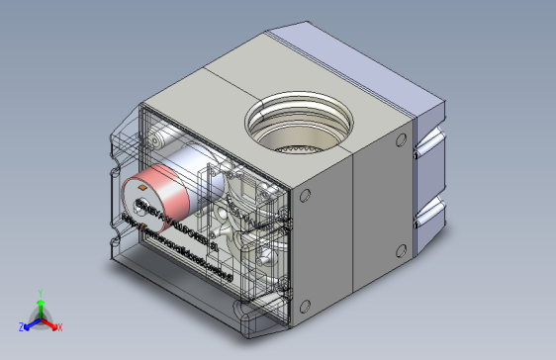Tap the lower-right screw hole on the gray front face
pyautogui.click(x=401, y=249)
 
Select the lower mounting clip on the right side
pyautogui.click(x=431, y=209)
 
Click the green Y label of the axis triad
pyautogui.click(x=40, y=293)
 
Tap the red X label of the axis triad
pyautogui.click(x=59, y=326)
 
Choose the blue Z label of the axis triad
pyautogui.click(x=22, y=326)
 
